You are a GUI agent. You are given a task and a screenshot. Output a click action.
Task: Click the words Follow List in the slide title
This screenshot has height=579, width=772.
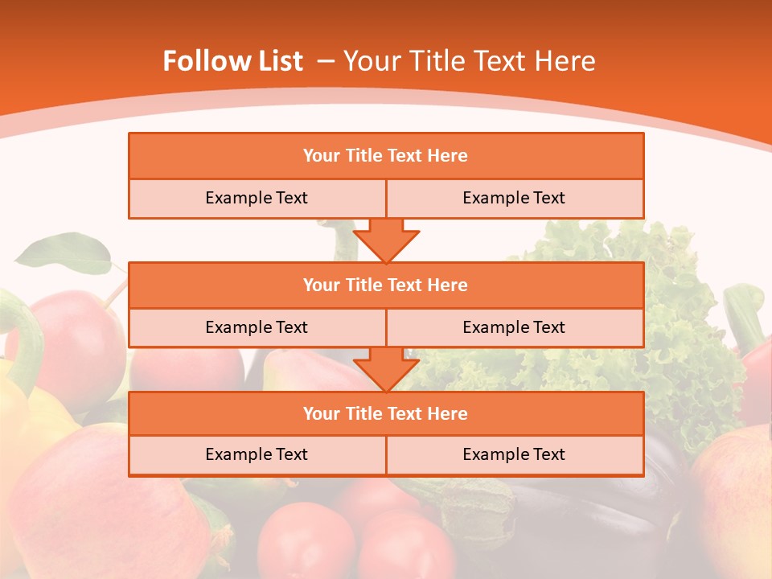(x=233, y=61)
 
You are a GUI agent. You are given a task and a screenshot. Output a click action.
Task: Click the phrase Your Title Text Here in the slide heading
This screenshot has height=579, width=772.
(x=469, y=61)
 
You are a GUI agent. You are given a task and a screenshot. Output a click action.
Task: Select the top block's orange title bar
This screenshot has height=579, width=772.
(x=386, y=156)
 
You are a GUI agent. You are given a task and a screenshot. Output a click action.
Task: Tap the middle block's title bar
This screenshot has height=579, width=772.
(x=386, y=285)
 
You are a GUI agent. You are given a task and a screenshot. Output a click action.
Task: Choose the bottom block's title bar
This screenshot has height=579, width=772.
(x=386, y=413)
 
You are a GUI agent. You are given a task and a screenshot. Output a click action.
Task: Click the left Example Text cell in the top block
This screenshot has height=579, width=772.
(x=257, y=198)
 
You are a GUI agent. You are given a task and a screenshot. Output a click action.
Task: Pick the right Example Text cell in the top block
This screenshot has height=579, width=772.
(x=514, y=198)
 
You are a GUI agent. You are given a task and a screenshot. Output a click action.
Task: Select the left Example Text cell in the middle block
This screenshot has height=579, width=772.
(x=257, y=327)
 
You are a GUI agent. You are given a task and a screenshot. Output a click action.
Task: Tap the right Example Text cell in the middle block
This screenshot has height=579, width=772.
(x=514, y=327)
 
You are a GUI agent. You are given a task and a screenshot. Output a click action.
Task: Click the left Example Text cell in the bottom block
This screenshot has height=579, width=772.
(x=257, y=454)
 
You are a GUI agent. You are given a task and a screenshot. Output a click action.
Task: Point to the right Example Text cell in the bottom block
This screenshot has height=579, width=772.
(x=514, y=454)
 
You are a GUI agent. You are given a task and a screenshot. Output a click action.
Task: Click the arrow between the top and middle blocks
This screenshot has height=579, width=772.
(x=386, y=240)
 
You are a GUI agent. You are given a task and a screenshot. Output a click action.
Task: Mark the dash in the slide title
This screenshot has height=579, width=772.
(x=326, y=61)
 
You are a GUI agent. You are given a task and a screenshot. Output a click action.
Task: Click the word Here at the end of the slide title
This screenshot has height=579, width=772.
(x=566, y=61)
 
